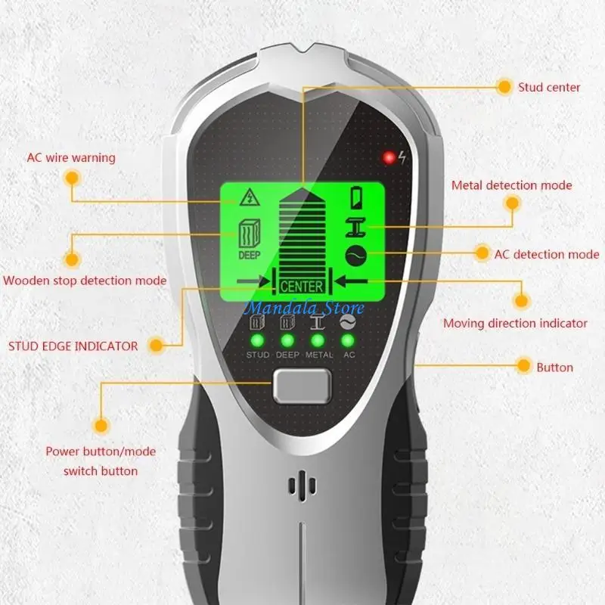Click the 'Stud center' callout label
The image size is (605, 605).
tap(549, 87)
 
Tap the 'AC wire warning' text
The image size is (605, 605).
tap(71, 158)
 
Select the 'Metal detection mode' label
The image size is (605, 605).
tap(511, 185)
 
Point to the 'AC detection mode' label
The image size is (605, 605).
tap(546, 254)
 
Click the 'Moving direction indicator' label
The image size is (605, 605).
tap(515, 323)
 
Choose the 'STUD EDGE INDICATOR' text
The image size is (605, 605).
tap(73, 346)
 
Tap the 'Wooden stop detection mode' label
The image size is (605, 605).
tap(85, 281)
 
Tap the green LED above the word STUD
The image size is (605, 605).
tap(257, 340)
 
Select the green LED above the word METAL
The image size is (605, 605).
tap(318, 340)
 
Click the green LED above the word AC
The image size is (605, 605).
tap(349, 340)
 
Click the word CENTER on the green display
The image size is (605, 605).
tap(302, 287)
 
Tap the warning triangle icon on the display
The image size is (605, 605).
tap(247, 199)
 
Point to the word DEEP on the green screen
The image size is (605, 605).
tap(250, 256)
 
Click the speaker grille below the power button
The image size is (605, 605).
tap(302, 487)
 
